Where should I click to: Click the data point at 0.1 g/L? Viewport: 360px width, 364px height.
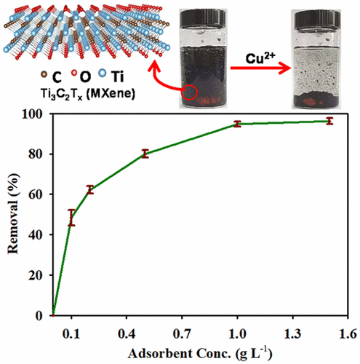tap(71, 218)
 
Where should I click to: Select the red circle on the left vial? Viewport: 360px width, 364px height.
tap(191, 93)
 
